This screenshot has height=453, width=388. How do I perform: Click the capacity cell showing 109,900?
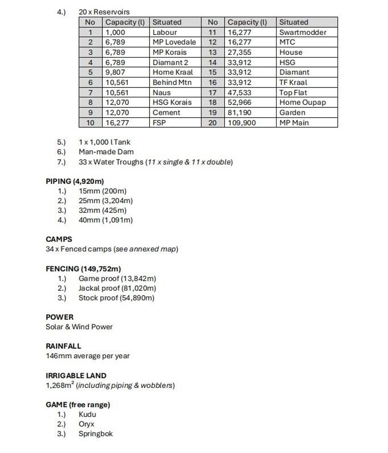(x=242, y=123)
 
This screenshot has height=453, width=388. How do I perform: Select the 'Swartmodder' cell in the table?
(x=302, y=32)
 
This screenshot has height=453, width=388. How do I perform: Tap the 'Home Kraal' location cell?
(x=172, y=72)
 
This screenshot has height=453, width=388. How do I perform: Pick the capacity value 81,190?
(x=239, y=112)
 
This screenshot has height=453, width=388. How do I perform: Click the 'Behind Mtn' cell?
(x=172, y=82)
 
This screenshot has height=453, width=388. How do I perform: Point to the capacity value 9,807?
(x=115, y=72)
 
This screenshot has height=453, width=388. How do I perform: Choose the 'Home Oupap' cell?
(x=302, y=102)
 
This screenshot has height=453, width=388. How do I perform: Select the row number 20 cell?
(x=213, y=123)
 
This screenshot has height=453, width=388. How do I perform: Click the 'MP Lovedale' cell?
(x=174, y=42)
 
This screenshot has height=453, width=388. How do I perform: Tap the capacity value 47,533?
(x=239, y=92)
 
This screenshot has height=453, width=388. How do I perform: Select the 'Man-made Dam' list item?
(x=106, y=152)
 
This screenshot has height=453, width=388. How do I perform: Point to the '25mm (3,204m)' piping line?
(x=106, y=201)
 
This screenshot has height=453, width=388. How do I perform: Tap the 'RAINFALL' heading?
(x=63, y=346)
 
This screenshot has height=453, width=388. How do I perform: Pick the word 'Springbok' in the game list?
(x=95, y=434)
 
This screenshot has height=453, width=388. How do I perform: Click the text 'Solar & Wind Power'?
(x=79, y=327)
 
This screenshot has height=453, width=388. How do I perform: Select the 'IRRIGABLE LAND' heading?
(x=76, y=376)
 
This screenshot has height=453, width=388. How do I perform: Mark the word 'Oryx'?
(x=87, y=424)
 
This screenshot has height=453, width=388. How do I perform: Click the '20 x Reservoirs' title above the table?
(x=104, y=12)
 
